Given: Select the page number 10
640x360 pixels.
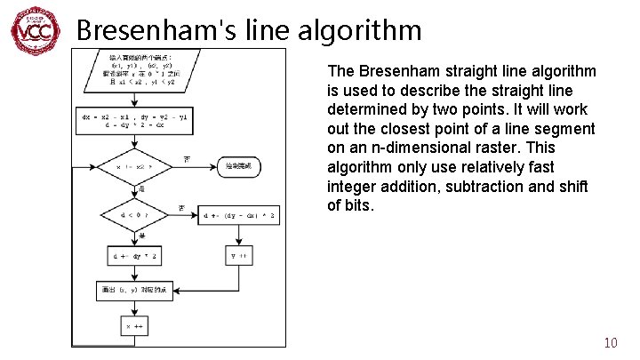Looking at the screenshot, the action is click(x=610, y=343).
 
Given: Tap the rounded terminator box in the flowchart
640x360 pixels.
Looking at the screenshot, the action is click(x=245, y=166).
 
